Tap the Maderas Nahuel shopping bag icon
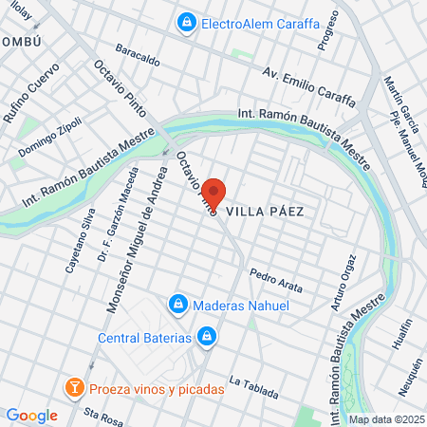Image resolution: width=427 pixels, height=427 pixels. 176,305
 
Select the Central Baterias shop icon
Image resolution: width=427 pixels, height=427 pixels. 207,336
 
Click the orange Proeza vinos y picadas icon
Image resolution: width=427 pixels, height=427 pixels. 73,388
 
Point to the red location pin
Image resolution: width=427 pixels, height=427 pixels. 215,194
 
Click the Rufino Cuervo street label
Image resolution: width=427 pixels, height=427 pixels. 30,92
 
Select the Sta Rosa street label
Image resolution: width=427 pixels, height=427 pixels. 103,414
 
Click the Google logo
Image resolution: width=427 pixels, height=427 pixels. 31,416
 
